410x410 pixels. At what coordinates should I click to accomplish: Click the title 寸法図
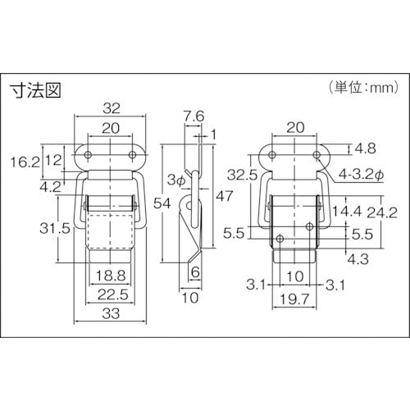point(35,90)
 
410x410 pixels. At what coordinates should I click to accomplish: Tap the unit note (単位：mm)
point(364,88)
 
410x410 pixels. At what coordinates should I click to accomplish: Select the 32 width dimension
point(112,108)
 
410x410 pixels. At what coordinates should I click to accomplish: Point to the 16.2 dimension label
point(25,162)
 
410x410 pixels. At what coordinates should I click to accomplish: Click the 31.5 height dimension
point(55,228)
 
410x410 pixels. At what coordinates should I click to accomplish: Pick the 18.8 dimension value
point(111,276)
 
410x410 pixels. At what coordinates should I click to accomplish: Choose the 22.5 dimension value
point(113,294)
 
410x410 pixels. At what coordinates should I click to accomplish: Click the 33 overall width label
point(111,313)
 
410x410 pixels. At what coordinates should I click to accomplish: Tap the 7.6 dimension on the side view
point(194,116)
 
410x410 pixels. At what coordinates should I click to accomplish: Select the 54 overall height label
point(162,203)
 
